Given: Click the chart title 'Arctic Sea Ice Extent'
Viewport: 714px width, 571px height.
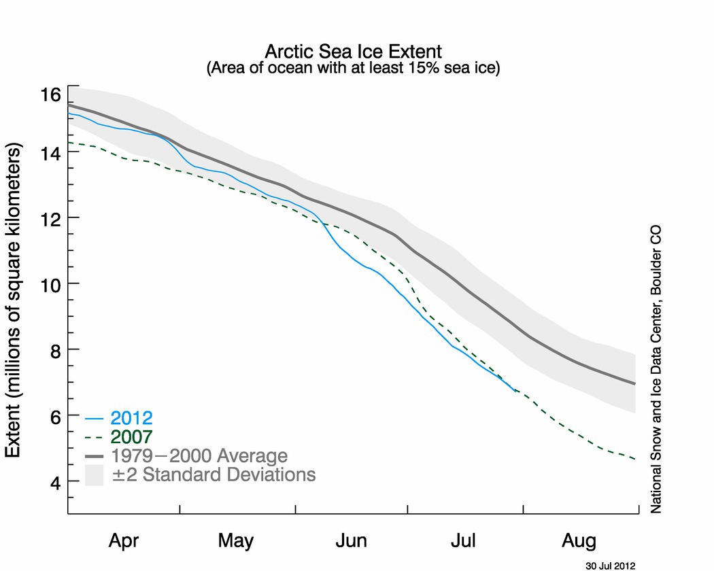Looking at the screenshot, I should pyautogui.click(x=353, y=51).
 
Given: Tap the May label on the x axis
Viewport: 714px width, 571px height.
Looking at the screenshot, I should pyautogui.click(x=236, y=541).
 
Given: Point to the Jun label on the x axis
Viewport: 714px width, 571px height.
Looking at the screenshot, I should pyautogui.click(x=351, y=541).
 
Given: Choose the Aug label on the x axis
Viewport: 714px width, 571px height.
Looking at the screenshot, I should pyautogui.click(x=579, y=541).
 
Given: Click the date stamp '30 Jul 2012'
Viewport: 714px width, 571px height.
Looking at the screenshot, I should pyautogui.click(x=610, y=565).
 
